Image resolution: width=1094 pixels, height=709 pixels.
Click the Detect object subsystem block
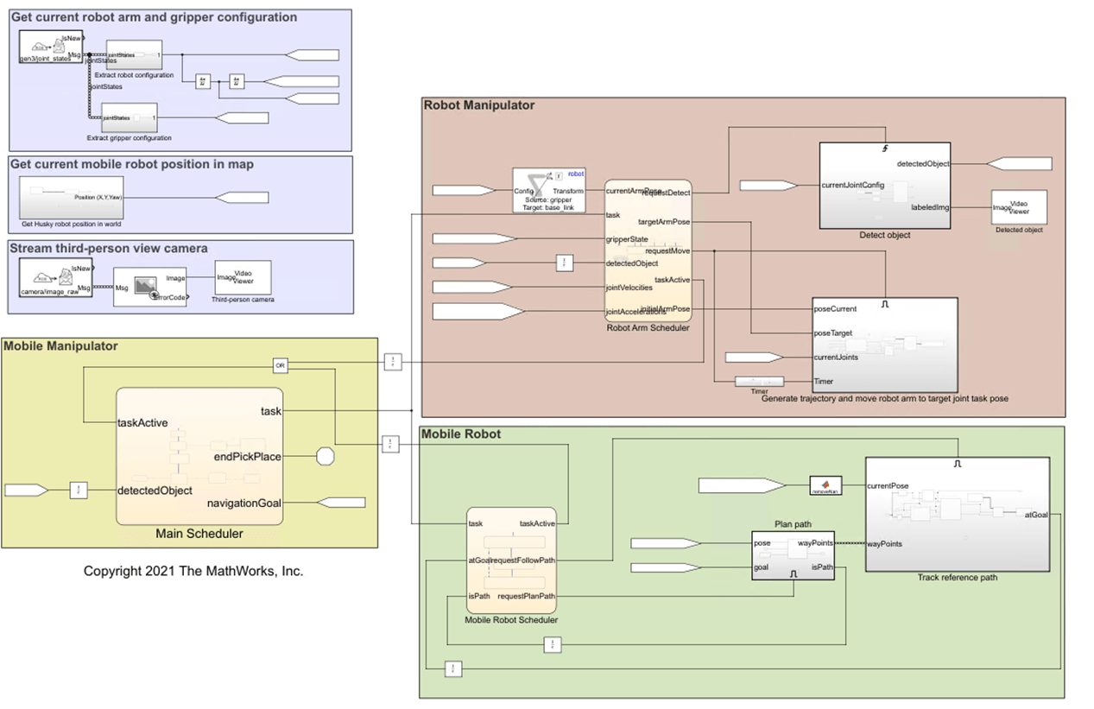884,186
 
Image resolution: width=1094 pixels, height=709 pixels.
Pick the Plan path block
793,554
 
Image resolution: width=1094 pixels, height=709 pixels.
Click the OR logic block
280,366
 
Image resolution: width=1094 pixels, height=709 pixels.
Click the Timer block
758,382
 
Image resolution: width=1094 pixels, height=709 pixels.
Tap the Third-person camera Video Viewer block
243,277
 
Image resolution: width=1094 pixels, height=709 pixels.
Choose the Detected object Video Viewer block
1019,207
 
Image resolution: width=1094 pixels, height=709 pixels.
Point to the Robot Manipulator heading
479,105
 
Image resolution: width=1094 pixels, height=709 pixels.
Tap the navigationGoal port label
244,503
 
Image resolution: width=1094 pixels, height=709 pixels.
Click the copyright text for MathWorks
193,571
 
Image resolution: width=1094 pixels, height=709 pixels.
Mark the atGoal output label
1036,515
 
